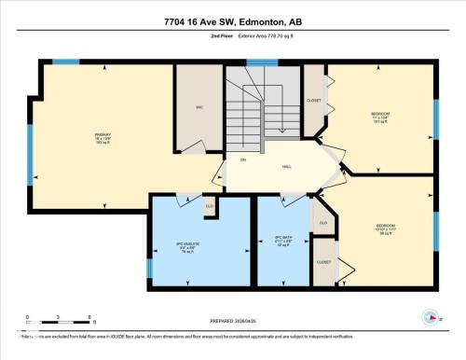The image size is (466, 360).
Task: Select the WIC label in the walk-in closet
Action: [x=199, y=107]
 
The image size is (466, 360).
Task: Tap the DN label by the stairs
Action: [x=242, y=160]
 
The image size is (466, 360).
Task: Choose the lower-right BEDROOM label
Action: [x=385, y=227]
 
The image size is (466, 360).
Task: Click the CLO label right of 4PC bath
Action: [x=323, y=224]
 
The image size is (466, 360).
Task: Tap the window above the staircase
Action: [x=262, y=62]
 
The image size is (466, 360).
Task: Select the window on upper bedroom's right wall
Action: [x=435, y=118]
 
